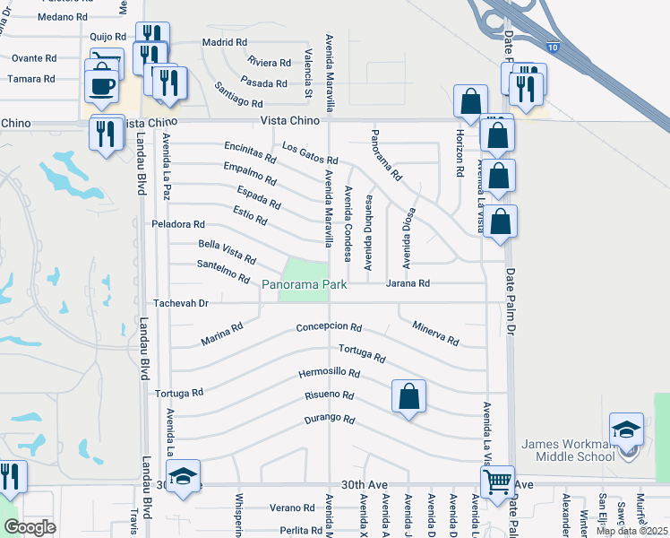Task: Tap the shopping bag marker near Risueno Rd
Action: tap(408, 395)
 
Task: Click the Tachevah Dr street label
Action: tap(180, 303)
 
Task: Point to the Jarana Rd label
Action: tap(408, 283)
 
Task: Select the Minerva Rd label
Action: tap(435, 334)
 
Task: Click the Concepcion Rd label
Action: tap(329, 327)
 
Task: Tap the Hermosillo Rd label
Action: tap(329, 373)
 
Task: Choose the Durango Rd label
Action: tap(330, 419)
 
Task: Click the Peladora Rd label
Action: tap(178, 224)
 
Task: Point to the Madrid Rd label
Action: tap(224, 42)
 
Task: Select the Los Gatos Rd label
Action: tap(309, 153)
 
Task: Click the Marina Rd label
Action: tap(222, 334)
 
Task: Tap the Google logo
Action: tap(30, 527)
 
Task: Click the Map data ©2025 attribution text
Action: tap(632, 531)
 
